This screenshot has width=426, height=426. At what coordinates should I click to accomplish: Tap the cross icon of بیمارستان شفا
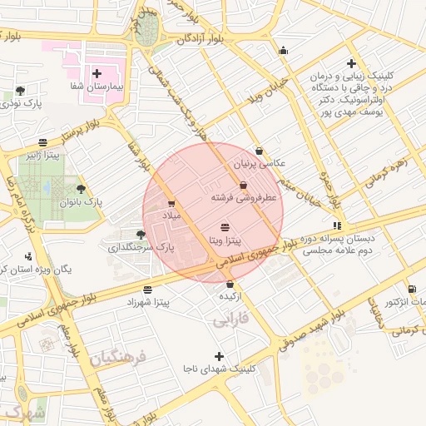(x=97, y=73)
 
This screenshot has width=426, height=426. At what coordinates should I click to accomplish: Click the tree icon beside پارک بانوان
(x=81, y=190)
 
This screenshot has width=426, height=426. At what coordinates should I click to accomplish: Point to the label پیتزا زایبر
(x=42, y=155)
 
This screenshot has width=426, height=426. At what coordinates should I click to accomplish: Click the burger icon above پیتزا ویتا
(x=225, y=227)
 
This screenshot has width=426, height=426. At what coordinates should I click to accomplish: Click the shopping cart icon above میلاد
(x=171, y=204)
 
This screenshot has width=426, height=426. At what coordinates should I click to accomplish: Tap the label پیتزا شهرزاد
(x=147, y=303)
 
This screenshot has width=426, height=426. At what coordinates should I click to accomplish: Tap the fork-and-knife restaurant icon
(x=336, y=225)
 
